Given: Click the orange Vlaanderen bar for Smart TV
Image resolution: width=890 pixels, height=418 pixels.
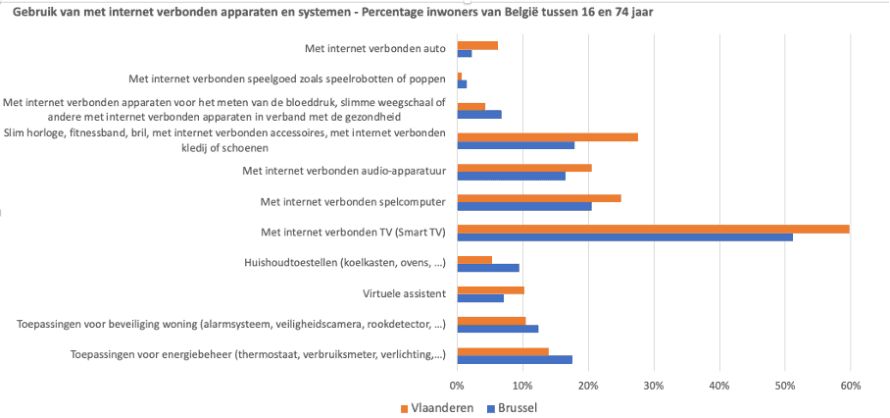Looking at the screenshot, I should click(x=653, y=229).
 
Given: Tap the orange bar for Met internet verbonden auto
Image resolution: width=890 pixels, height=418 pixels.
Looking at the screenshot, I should click(x=477, y=45).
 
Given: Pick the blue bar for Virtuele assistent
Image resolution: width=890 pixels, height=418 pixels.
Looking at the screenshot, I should click(x=480, y=297).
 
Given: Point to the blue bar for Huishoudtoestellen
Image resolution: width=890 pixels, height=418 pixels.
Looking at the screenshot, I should click(x=488, y=267).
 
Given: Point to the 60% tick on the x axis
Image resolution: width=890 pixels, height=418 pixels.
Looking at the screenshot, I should click(x=850, y=385).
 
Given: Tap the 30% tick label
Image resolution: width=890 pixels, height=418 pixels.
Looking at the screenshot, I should click(x=654, y=385).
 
